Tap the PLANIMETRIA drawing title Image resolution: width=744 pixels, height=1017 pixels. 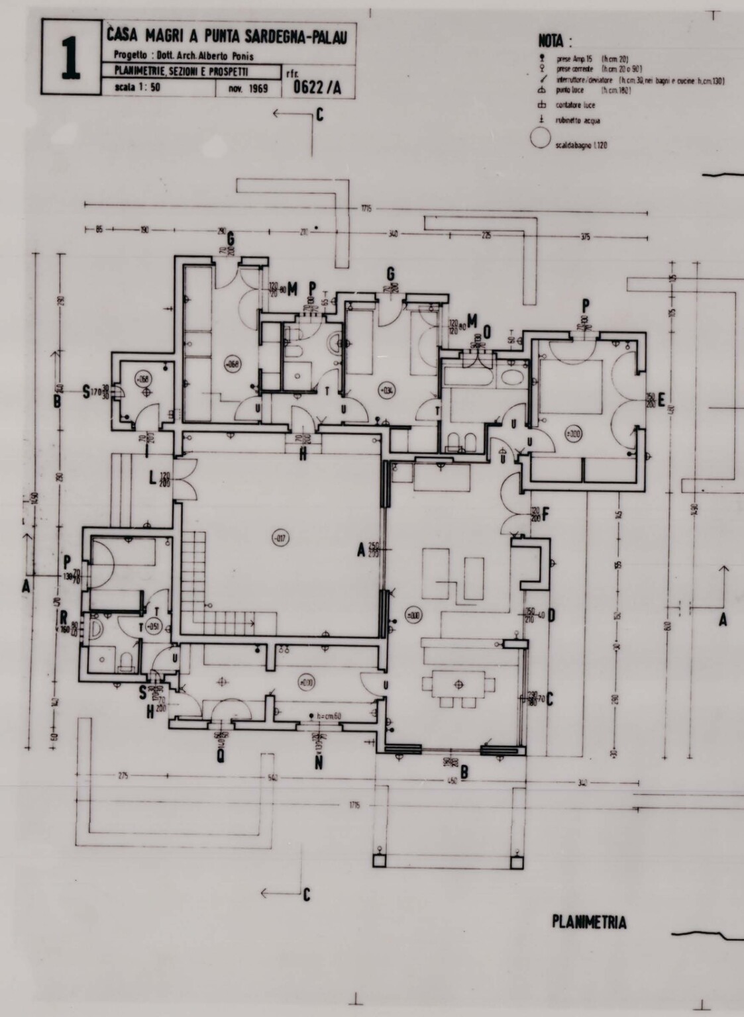(x=589, y=922)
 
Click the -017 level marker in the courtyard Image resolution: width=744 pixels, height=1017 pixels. (x=280, y=539)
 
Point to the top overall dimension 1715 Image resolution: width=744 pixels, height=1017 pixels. (x=366, y=209)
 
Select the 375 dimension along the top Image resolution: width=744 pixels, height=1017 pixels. (x=584, y=237)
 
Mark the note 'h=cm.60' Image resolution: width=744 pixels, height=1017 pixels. (x=329, y=716)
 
